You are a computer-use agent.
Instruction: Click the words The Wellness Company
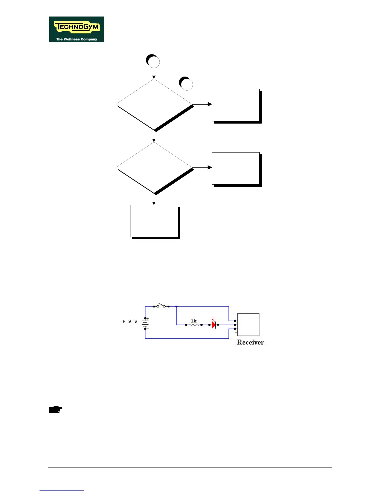pyautogui.click(x=77, y=39)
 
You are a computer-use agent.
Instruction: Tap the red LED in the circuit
pyautogui.click(x=214, y=325)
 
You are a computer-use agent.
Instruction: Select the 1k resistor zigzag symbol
pyautogui.click(x=194, y=325)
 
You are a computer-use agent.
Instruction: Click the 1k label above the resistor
pyautogui.click(x=194, y=321)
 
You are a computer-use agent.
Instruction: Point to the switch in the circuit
pyautogui.click(x=161, y=306)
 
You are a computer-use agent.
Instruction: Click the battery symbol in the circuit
pyautogui.click(x=145, y=324)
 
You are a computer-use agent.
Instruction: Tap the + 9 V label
pyautogui.click(x=130, y=321)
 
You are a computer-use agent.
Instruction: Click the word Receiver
pyautogui.click(x=250, y=342)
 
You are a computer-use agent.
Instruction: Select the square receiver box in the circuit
pyautogui.click(x=248, y=324)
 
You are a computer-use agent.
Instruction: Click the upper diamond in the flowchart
pyautogui.click(x=154, y=105)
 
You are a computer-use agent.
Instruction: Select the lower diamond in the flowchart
pyautogui.click(x=154, y=168)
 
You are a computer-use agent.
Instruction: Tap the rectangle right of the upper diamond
pyautogui.click(x=236, y=105)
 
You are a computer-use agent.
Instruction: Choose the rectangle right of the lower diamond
pyautogui.click(x=236, y=168)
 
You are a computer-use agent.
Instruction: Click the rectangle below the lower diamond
pyautogui.click(x=154, y=221)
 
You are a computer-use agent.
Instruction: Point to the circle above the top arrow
pyautogui.click(x=153, y=61)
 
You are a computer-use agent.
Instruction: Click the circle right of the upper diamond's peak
pyautogui.click(x=186, y=83)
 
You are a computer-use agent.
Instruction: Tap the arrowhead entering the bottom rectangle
pyautogui.click(x=154, y=203)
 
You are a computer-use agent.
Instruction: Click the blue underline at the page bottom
pyautogui.click(x=62, y=491)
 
